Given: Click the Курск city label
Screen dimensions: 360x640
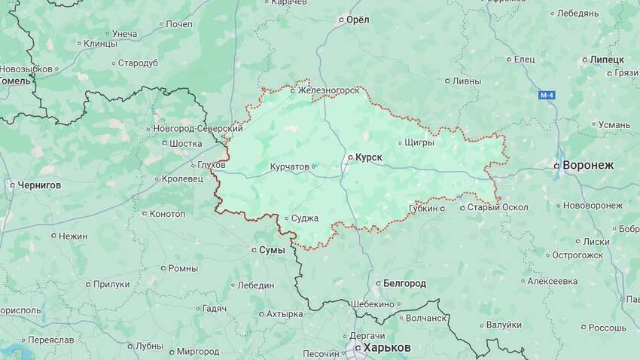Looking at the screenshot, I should pos(368,157).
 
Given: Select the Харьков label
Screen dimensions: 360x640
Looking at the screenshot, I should pos(387,347).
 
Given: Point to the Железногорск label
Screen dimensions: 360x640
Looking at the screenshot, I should pos(328,91).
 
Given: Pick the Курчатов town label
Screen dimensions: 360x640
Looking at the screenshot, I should pos(290,166).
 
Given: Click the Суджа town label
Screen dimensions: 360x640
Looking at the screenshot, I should pos(305,218).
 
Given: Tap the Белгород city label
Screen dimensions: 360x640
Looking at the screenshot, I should pos(404,283).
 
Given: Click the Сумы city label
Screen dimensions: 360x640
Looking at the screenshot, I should pos(272,249).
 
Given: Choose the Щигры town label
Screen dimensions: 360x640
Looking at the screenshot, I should pos(419,142).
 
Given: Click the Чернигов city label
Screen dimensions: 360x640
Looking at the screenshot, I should pos(39,184).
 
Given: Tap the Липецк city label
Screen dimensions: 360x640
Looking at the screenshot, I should pos(607,59).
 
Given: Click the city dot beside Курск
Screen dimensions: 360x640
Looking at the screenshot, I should pos(349,157).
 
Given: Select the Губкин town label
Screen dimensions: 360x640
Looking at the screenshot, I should pos(422,207).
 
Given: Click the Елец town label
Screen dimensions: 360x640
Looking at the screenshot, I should pos(524,59).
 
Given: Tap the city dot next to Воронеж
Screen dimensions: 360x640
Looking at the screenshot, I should pos(557,164).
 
